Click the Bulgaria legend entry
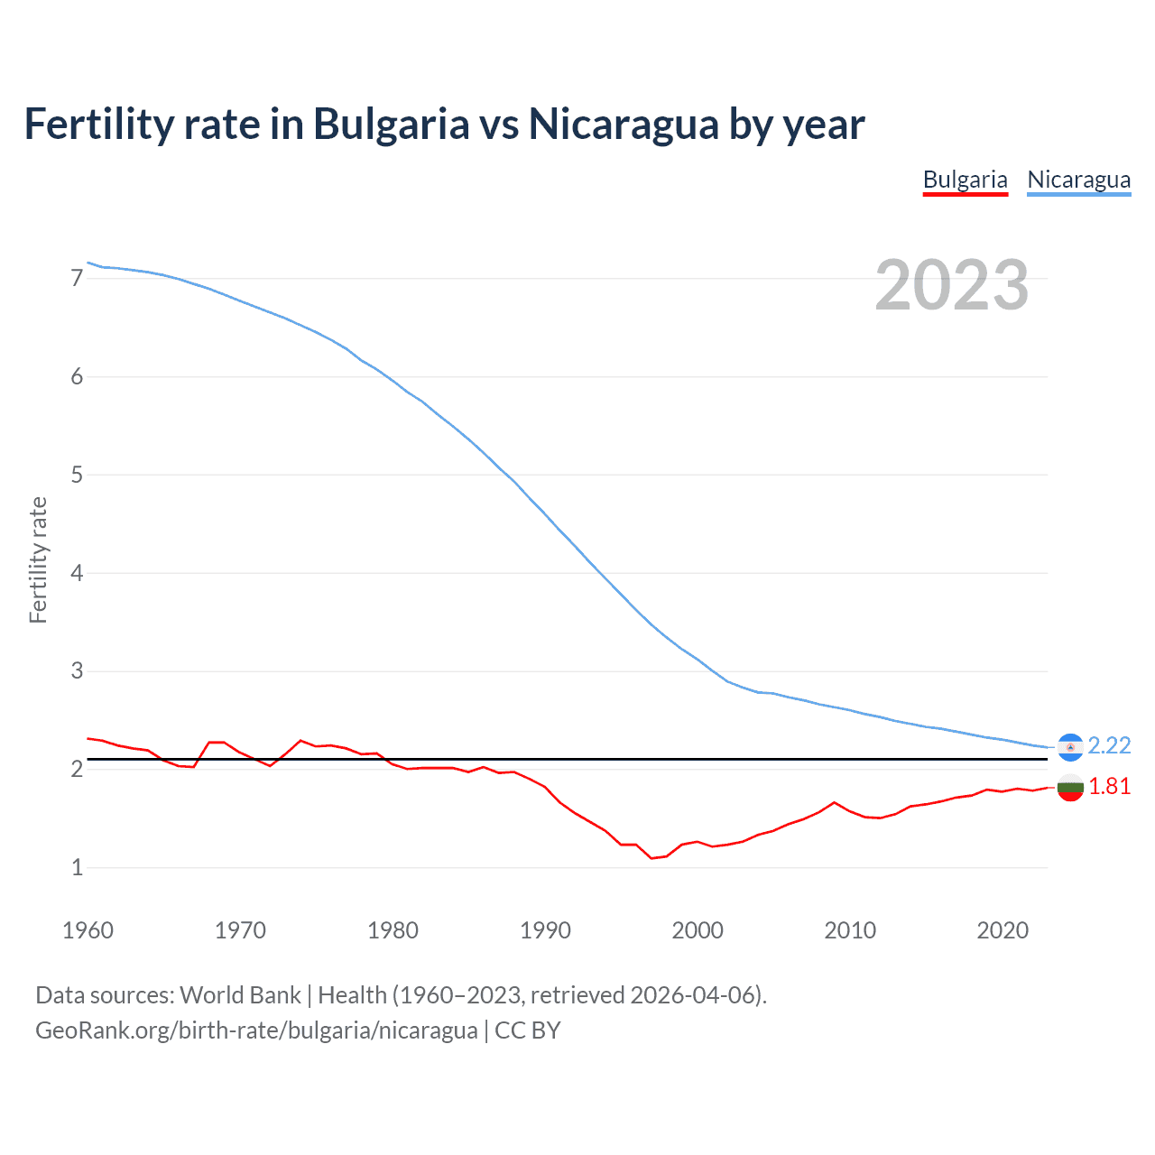(965, 180)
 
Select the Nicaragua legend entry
(1078, 180)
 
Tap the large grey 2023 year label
(951, 285)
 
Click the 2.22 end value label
(1109, 745)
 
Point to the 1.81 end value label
(1109, 786)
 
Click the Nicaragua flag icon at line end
(1070, 746)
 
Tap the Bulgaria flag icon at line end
(1070, 787)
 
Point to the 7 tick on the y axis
(77, 278)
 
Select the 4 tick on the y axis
(77, 573)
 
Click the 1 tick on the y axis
(77, 867)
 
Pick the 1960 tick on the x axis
(88, 930)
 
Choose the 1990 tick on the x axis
(545, 930)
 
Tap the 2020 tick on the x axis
(1003, 930)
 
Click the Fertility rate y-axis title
(38, 559)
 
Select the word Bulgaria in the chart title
(391, 125)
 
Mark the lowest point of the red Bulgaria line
(651, 858)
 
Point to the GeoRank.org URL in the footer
(256, 1030)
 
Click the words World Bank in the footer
(240, 995)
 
